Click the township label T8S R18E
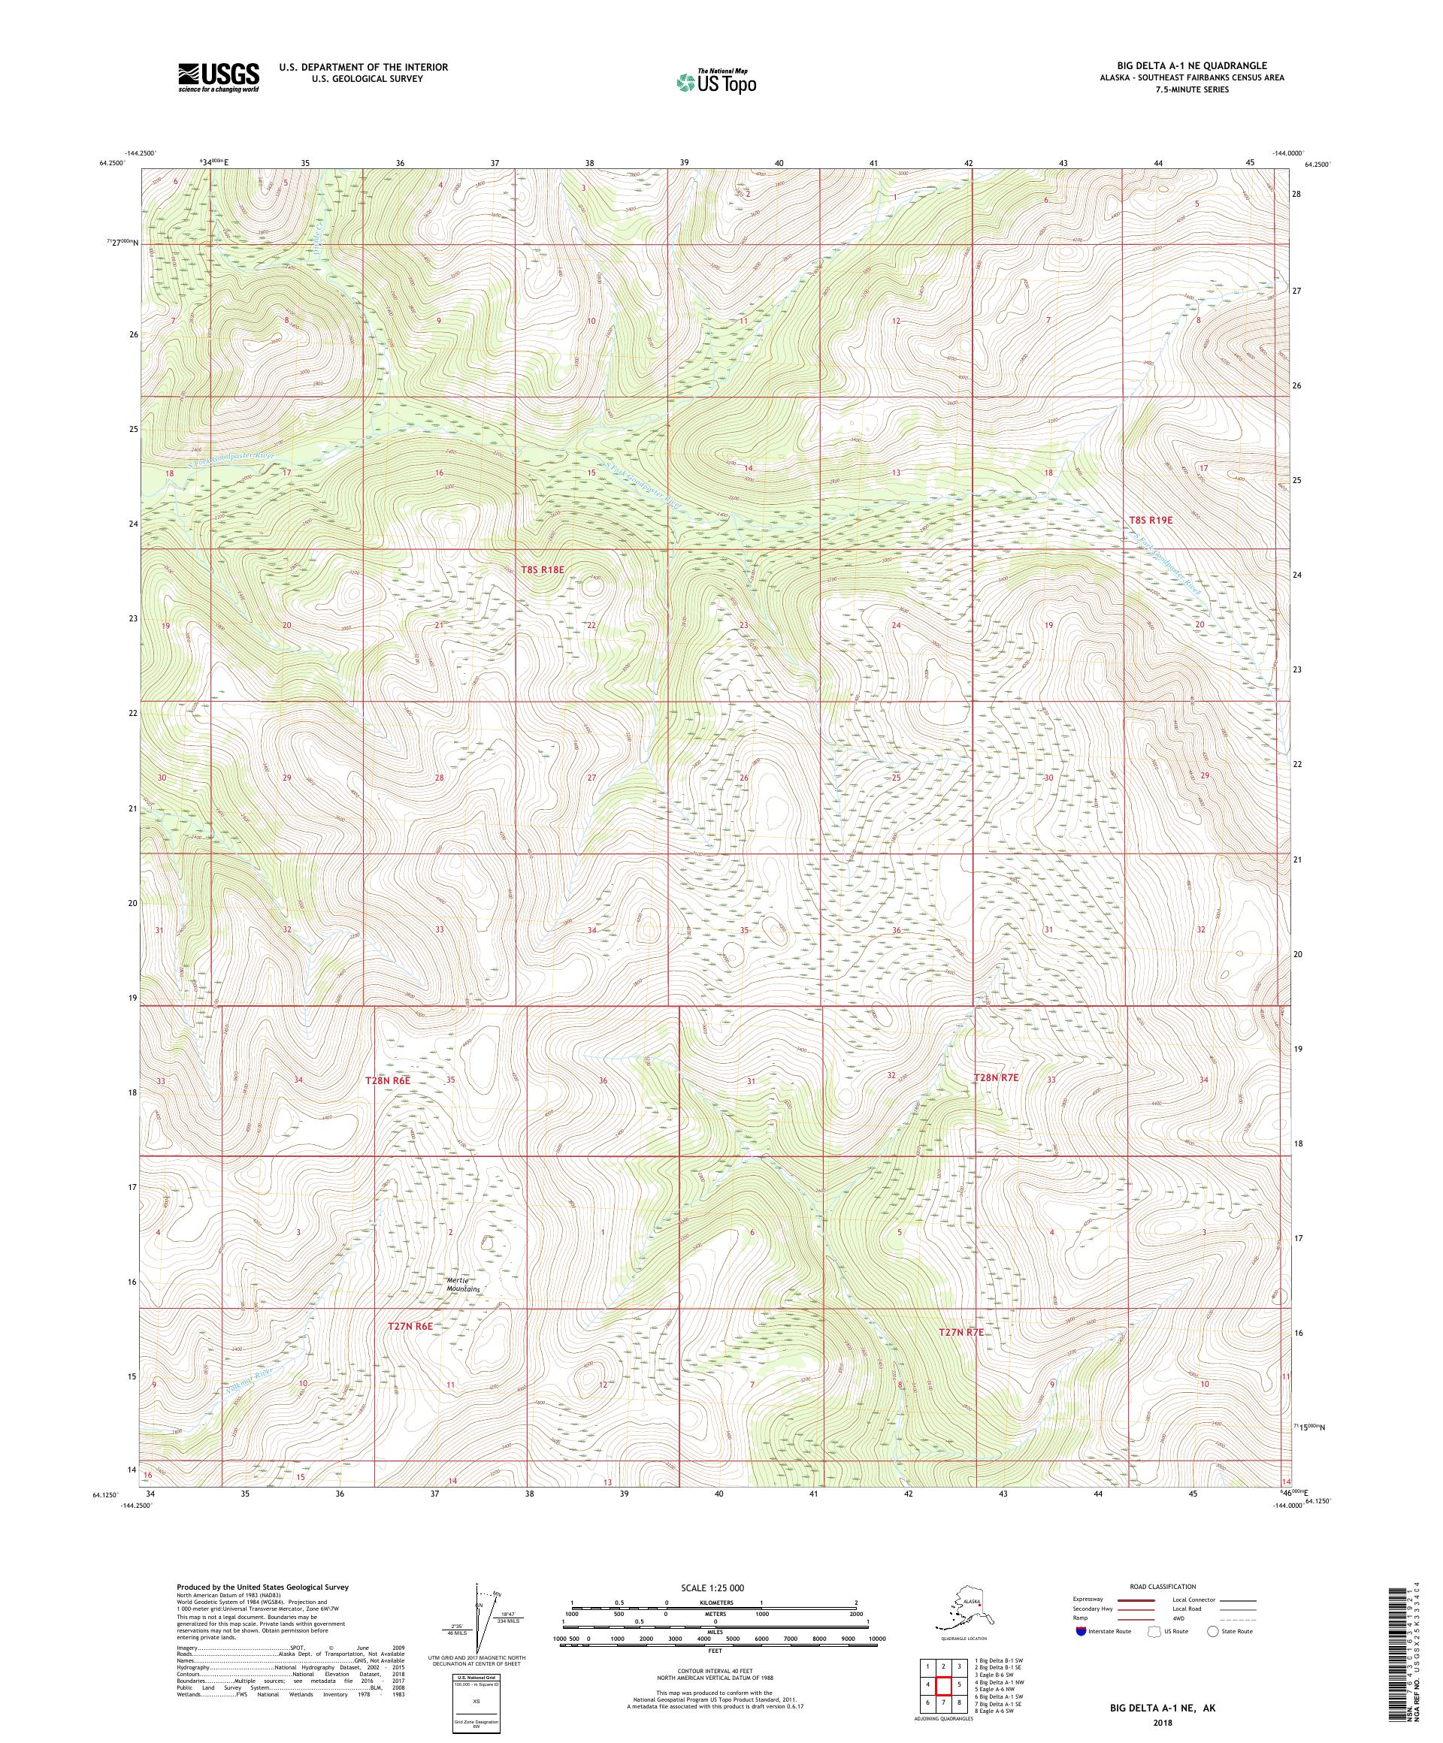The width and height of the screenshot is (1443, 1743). (x=542, y=569)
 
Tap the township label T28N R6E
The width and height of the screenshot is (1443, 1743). (x=388, y=1082)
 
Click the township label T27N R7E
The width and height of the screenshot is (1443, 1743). (x=960, y=1355)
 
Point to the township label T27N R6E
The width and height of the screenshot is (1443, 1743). (x=410, y=1349)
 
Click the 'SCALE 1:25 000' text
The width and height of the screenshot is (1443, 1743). (x=714, y=1586)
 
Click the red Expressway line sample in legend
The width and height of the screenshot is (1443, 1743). (x=1135, y=1600)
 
